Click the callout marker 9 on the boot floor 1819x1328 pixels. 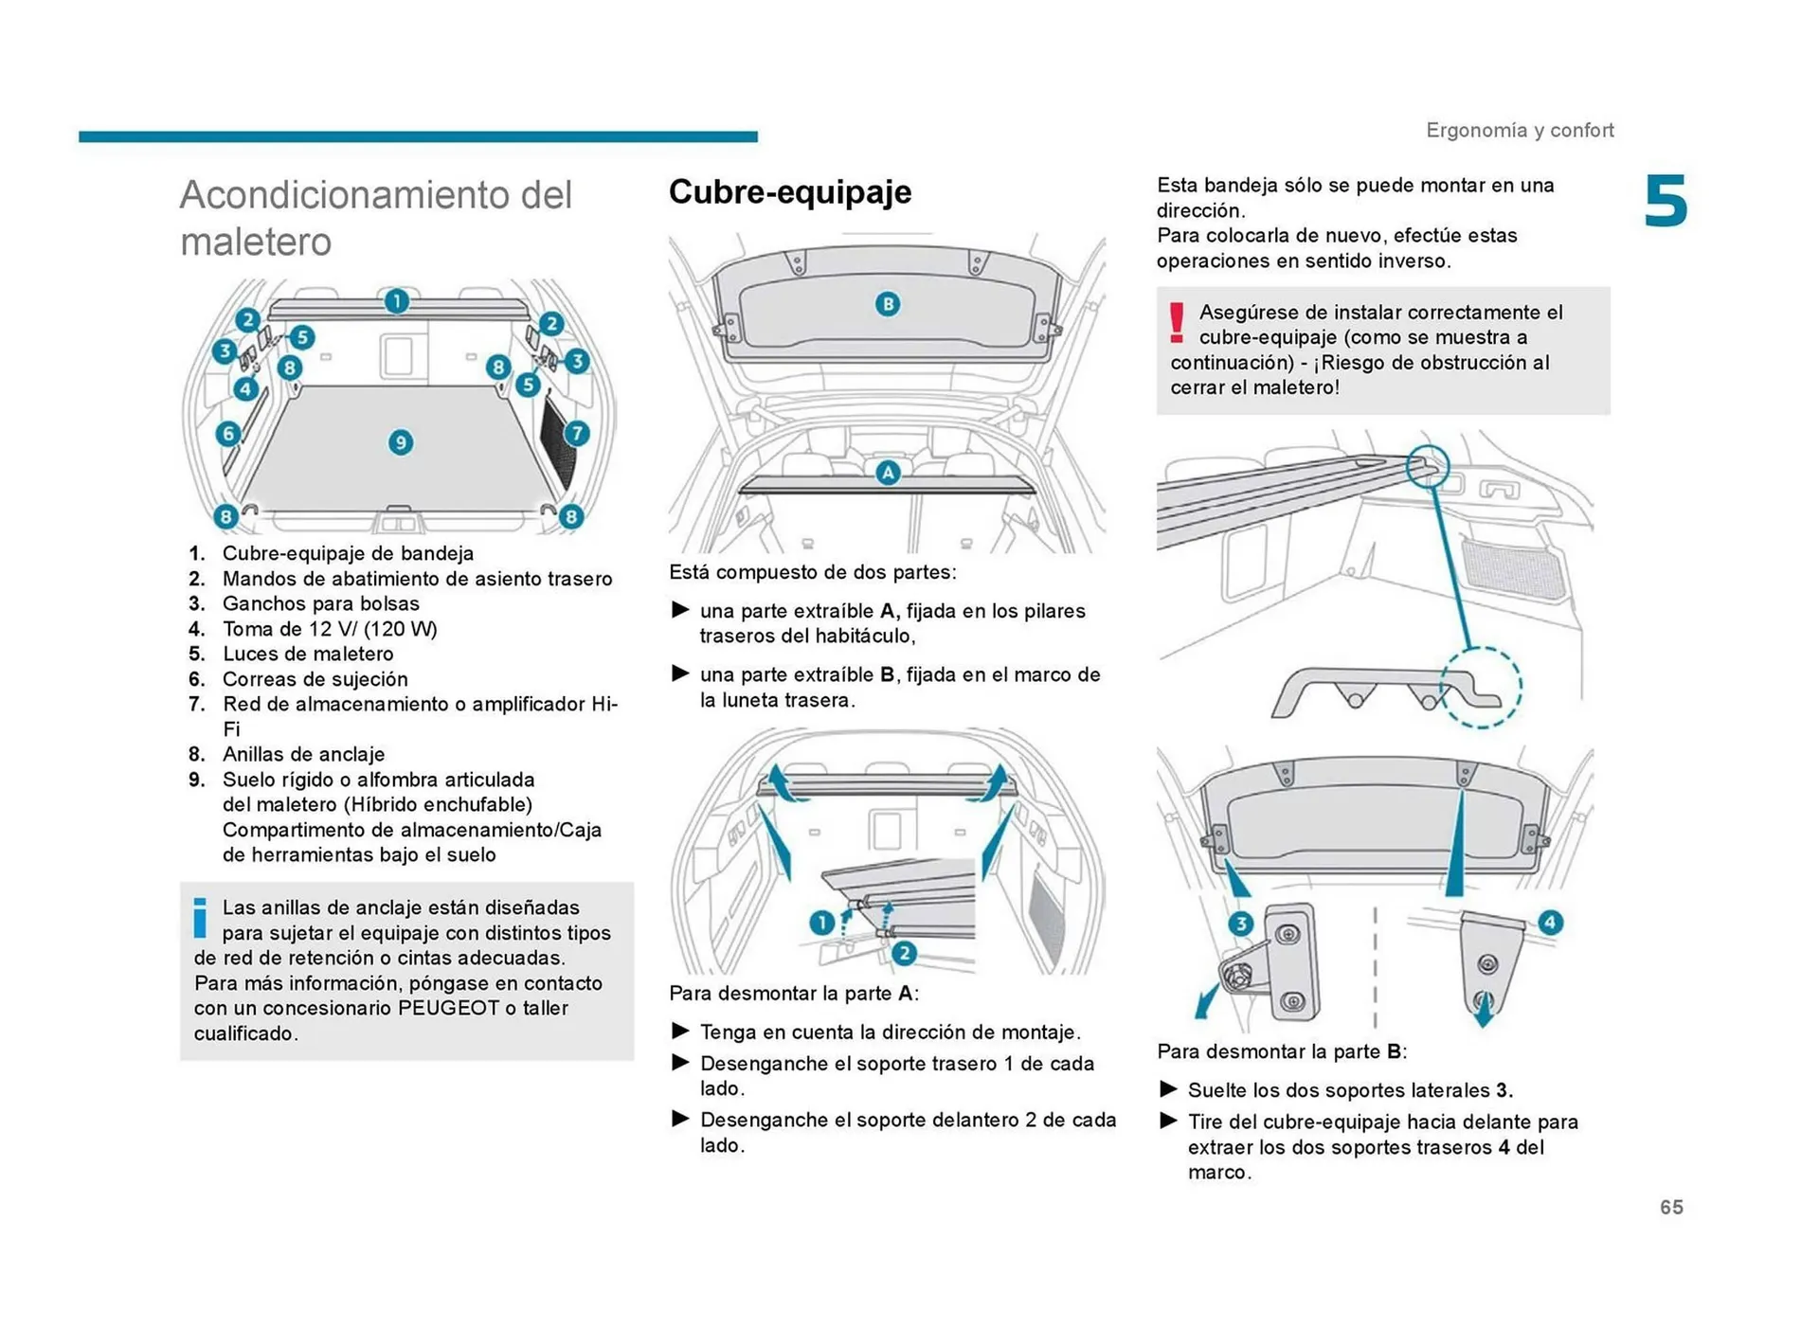[401, 442]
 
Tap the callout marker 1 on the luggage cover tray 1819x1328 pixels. [396, 301]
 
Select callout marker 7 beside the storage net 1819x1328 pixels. [577, 434]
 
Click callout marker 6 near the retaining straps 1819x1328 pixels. [227, 434]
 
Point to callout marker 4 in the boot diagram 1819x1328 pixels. [245, 388]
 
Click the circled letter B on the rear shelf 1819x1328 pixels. [887, 304]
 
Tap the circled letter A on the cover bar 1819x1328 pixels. [887, 472]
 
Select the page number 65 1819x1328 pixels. [1671, 1207]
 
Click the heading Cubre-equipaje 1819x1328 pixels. [790, 191]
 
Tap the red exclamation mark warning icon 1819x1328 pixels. [1177, 323]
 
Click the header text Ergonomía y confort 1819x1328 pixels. [1520, 130]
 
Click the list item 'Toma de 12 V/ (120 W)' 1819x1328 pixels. [330, 629]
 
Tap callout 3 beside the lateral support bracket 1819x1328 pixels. [1240, 924]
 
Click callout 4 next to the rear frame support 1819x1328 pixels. [1550, 922]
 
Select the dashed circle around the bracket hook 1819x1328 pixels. [1481, 687]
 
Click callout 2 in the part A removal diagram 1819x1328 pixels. [904, 953]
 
